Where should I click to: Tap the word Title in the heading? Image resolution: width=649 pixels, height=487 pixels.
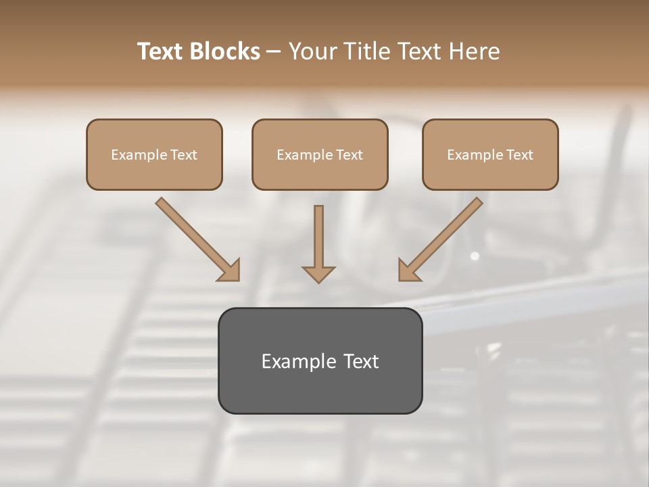pos(372,51)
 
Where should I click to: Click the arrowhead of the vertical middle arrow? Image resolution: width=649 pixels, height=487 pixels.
pos(318,273)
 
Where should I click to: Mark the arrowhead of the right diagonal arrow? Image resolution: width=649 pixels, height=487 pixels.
pos(408,270)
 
